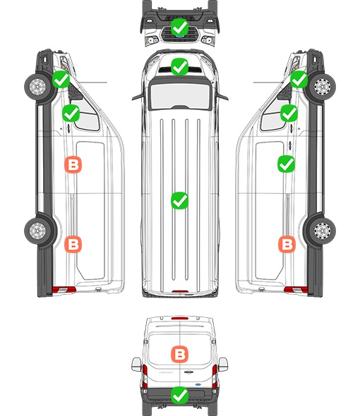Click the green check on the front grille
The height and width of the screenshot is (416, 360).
click(x=179, y=27)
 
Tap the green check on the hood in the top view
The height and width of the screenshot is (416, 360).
click(x=179, y=66)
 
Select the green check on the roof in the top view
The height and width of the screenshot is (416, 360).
click(x=179, y=200)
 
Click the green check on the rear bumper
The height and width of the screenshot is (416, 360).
click(x=179, y=396)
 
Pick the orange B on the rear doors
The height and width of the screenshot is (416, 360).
click(x=179, y=354)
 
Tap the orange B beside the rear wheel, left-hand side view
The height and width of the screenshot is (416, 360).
click(x=73, y=244)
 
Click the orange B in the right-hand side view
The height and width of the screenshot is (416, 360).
click(x=287, y=244)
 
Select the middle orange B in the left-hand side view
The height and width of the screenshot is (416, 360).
click(x=73, y=165)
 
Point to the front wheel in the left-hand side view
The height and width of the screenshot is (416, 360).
click(x=37, y=87)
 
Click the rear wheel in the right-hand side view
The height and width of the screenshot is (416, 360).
click(x=322, y=231)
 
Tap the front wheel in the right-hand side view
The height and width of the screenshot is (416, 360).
click(x=322, y=87)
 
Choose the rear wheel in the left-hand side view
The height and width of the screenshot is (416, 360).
click(x=37, y=231)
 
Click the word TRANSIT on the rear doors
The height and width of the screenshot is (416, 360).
click(x=166, y=372)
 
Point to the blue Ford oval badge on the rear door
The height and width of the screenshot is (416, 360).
click(x=198, y=384)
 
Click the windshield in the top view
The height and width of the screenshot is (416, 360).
click(x=180, y=96)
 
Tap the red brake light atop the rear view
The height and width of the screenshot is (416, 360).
click(x=180, y=318)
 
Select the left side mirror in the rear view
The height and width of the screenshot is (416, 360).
click(x=136, y=365)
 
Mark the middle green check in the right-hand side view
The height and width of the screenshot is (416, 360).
click(x=289, y=113)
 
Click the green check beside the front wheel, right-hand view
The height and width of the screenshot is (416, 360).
click(x=299, y=80)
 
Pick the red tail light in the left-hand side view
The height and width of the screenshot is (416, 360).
click(x=64, y=290)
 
